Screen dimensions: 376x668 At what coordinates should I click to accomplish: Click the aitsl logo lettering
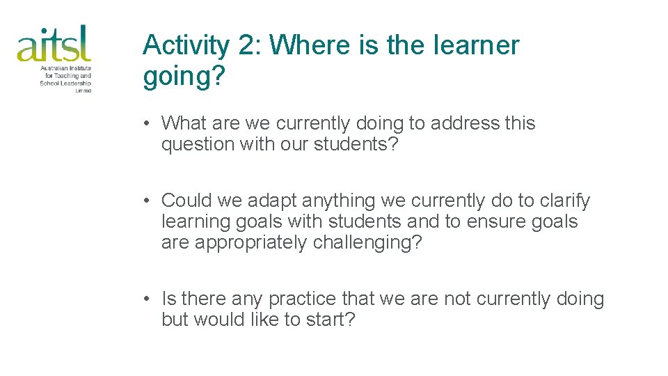(x=54, y=44)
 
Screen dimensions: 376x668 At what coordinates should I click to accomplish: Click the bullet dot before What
(x=148, y=124)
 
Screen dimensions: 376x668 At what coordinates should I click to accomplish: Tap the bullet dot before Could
(x=148, y=201)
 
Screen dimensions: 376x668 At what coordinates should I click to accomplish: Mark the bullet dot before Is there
(x=148, y=299)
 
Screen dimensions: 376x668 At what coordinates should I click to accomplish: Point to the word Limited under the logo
(x=83, y=91)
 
